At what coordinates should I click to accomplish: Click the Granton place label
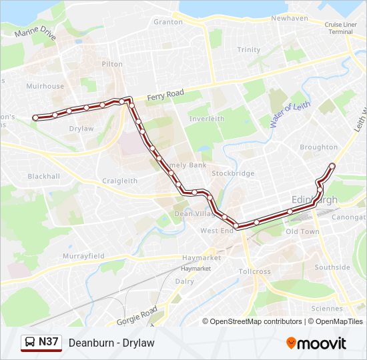click(x=168, y=22)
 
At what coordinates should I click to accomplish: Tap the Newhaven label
click(x=289, y=18)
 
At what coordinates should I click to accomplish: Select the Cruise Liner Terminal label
click(x=340, y=28)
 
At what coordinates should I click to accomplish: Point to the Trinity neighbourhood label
click(x=249, y=50)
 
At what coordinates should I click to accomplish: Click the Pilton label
click(x=112, y=64)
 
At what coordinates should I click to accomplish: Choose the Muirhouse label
click(x=45, y=86)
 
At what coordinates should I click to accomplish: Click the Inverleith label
click(x=207, y=119)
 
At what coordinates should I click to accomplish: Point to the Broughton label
click(x=318, y=147)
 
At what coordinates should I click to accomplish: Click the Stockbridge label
click(x=233, y=173)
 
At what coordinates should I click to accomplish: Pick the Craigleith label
click(x=119, y=181)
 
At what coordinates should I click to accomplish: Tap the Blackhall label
click(x=43, y=177)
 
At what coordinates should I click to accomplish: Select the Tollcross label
click(x=254, y=272)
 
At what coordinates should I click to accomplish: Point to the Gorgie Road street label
click(x=137, y=316)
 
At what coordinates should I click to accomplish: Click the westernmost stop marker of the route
click(x=35, y=117)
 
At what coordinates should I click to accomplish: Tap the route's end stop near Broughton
click(x=332, y=166)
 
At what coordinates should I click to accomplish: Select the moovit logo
click(x=316, y=343)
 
